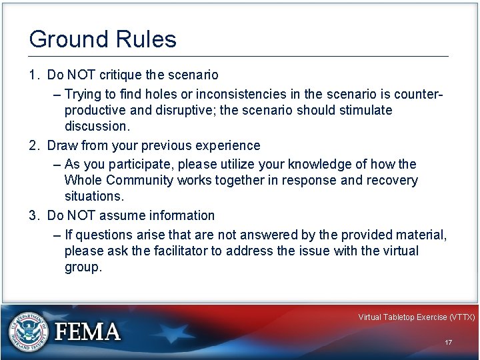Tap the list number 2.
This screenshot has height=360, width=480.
(x=33, y=145)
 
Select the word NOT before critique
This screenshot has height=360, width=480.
(x=80, y=75)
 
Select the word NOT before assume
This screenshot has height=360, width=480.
(x=80, y=215)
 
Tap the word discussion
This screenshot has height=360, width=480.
(x=95, y=127)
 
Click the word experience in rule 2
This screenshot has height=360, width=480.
(x=227, y=145)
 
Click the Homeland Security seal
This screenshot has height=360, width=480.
(x=27, y=331)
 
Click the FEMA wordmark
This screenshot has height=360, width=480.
(x=88, y=331)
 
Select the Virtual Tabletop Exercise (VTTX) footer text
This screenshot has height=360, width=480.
(x=416, y=317)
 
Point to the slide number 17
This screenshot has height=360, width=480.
(x=448, y=342)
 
